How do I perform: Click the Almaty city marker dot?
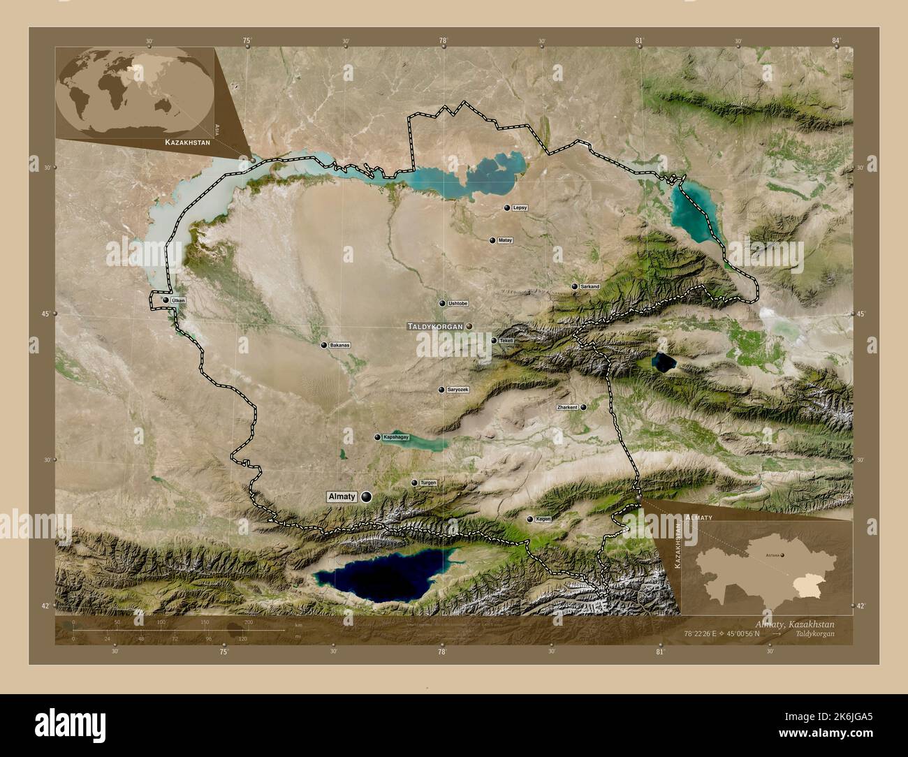pyautogui.click(x=366, y=497)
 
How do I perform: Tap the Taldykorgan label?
pyautogui.click(x=436, y=326)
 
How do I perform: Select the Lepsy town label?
pyautogui.click(x=520, y=208)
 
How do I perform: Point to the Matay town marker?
pyautogui.click(x=493, y=240)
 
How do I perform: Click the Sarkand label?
pyautogui.click(x=589, y=286)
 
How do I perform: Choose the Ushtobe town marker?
pyautogui.click(x=442, y=304)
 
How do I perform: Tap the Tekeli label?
pyautogui.click(x=506, y=341)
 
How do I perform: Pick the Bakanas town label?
pyautogui.click(x=340, y=345)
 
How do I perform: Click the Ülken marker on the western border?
pyautogui.click(x=166, y=300)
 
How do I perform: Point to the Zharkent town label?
pyautogui.click(x=567, y=407)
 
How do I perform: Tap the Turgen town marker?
pyautogui.click(x=414, y=483)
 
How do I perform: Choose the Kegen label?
pyautogui.click(x=543, y=520)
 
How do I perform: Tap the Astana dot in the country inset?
pyautogui.click(x=782, y=555)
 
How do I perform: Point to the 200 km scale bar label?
pyautogui.click(x=249, y=622)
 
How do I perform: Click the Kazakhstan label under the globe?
pyautogui.click(x=187, y=142)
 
